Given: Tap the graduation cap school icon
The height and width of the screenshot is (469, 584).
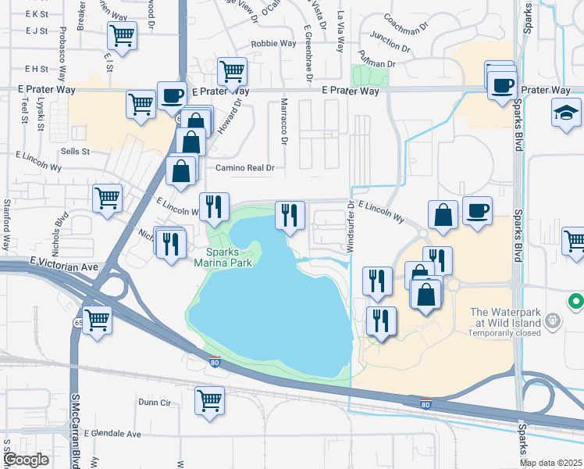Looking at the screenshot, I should pos(566,114).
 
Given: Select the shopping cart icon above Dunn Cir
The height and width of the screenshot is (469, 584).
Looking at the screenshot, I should pos(210,401).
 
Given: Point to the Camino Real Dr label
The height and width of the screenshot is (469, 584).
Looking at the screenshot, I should pos(246,167).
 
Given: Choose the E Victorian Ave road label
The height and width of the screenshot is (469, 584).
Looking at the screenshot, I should pos(66,267).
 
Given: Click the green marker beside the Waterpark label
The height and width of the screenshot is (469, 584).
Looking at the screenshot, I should pos(575,300).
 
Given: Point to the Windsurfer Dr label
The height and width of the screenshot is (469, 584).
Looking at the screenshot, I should pos(351,227).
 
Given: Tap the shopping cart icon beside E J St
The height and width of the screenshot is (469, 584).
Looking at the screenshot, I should pos(122,35).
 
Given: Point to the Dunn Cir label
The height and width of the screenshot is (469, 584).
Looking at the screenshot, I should pos(154,403).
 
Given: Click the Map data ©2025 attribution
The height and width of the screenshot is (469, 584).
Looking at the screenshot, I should pos(551,463).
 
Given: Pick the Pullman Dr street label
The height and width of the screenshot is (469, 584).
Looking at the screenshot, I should pos(376,60).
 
